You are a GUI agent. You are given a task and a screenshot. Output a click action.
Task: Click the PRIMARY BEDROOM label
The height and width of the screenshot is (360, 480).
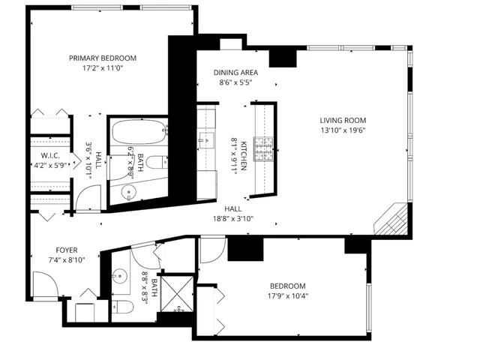point(102,58)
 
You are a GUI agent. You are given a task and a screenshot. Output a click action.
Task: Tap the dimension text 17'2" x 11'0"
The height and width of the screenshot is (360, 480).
point(102,68)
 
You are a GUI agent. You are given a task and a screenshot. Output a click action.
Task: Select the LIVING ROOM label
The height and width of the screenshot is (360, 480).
point(342,120)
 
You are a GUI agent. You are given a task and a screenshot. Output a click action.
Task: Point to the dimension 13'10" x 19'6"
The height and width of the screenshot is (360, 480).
point(342,130)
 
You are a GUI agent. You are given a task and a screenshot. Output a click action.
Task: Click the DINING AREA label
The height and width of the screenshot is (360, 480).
point(235,73)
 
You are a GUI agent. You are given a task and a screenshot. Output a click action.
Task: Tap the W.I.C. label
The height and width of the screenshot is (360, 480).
point(43,157)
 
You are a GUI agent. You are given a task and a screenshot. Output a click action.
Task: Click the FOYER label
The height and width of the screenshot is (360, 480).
point(67,250)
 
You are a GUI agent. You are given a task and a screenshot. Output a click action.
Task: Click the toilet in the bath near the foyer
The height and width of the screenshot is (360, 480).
point(124,307)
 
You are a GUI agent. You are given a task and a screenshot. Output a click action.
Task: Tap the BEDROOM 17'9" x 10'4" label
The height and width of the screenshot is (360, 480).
point(288,286)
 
